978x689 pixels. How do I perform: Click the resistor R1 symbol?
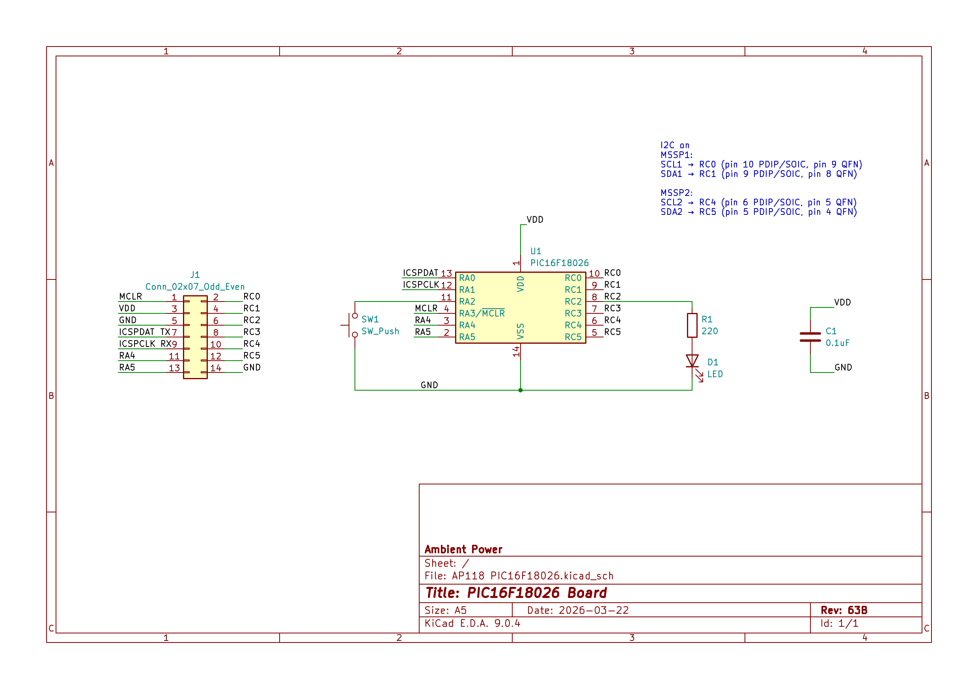(x=692, y=325)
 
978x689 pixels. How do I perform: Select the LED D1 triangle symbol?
(x=692, y=361)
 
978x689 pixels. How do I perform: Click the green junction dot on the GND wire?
(x=520, y=390)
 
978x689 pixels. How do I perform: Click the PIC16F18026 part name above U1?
(x=559, y=263)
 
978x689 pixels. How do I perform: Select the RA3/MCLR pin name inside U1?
(x=482, y=313)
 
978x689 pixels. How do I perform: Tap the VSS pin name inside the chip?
(x=520, y=331)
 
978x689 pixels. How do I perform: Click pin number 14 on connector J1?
(x=216, y=368)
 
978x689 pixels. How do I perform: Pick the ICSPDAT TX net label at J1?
(x=144, y=332)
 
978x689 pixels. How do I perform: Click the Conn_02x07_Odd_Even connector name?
(x=195, y=287)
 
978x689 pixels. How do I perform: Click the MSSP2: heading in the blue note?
(x=676, y=193)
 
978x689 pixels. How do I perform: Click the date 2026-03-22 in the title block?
(x=594, y=610)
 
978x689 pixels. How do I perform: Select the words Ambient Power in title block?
(x=463, y=549)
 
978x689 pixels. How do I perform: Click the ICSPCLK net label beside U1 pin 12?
(x=420, y=285)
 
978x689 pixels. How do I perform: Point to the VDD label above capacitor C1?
(x=842, y=302)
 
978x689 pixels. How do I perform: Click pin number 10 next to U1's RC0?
(x=594, y=274)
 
